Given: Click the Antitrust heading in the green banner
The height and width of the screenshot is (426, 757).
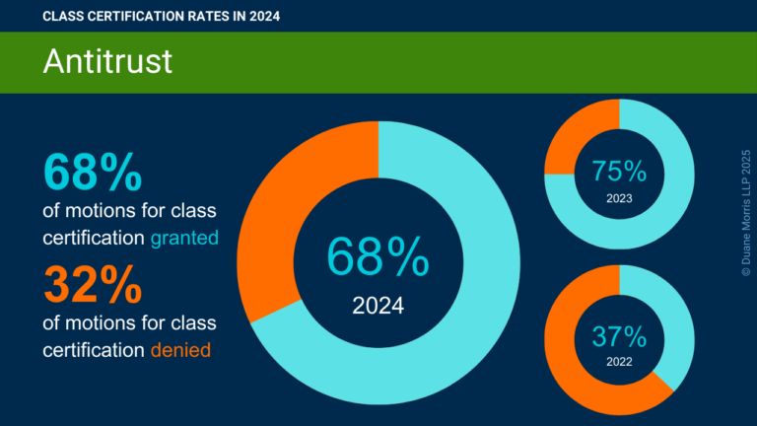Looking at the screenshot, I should click(107, 61).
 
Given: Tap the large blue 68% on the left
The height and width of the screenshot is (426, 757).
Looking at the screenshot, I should click(93, 171).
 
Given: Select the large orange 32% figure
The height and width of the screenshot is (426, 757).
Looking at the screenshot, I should click(93, 287).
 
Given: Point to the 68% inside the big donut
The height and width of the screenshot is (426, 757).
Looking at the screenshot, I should click(378, 259).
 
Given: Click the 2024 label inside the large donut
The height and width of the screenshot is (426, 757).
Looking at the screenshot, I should click(378, 306).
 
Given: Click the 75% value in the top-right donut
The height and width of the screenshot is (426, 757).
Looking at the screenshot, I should click(619, 171).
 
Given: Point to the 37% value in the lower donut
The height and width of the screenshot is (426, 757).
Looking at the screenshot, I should click(619, 336).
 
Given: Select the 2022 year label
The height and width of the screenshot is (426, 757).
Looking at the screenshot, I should click(619, 363).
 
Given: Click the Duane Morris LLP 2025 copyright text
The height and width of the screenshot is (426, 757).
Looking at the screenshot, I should click(745, 212).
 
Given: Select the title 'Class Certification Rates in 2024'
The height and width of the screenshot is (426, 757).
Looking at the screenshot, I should click(155, 16).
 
